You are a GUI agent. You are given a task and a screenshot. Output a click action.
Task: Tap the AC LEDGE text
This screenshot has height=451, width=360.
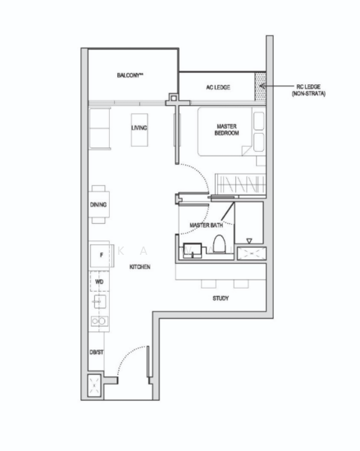[218, 88]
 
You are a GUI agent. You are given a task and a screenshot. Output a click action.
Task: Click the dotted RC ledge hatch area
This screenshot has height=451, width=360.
[261, 84]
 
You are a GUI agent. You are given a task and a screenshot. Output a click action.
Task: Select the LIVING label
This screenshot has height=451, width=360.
[139, 128]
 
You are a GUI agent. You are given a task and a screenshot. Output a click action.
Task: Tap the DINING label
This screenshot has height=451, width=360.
[98, 204]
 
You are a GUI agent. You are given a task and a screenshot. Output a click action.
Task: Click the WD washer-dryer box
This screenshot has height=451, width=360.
[99, 282]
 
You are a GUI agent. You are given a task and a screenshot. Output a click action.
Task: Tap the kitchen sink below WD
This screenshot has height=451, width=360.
[99, 301]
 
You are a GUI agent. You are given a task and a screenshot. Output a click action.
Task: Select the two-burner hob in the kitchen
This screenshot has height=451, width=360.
[99, 321]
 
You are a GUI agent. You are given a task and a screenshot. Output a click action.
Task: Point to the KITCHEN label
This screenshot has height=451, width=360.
[140, 268]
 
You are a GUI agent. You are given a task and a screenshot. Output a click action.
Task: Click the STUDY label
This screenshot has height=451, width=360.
[220, 298]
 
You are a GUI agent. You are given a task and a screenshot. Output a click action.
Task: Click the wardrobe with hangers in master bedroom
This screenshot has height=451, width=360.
[238, 183]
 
